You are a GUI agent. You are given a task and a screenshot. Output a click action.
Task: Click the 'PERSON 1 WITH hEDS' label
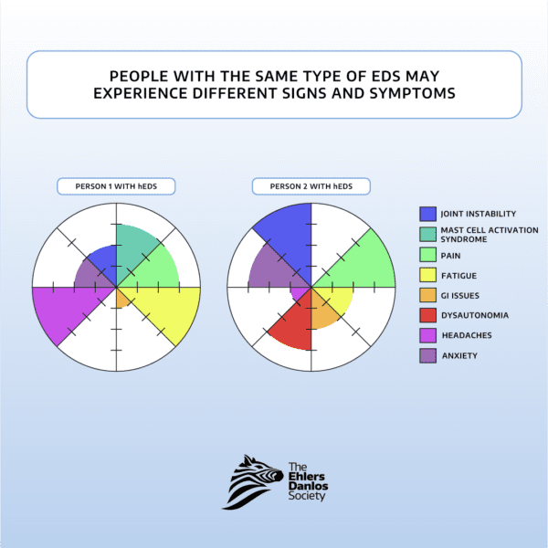(x=116, y=186)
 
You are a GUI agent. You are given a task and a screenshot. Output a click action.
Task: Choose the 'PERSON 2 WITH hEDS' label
(x=311, y=186)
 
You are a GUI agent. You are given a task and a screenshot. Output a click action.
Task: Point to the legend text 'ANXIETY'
(x=459, y=355)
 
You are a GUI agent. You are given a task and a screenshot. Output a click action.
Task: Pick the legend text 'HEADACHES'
(x=466, y=335)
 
